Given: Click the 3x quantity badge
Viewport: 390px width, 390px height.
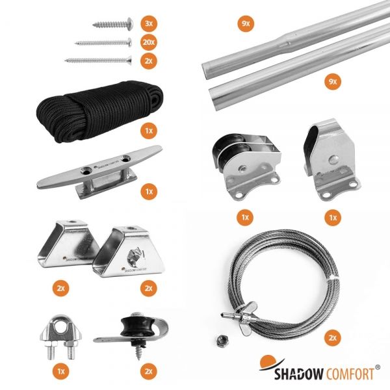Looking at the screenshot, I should point(149,23).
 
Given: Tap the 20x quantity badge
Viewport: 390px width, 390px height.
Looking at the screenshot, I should point(149,42).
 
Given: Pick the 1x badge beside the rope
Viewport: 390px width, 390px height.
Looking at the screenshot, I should point(149,131).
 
